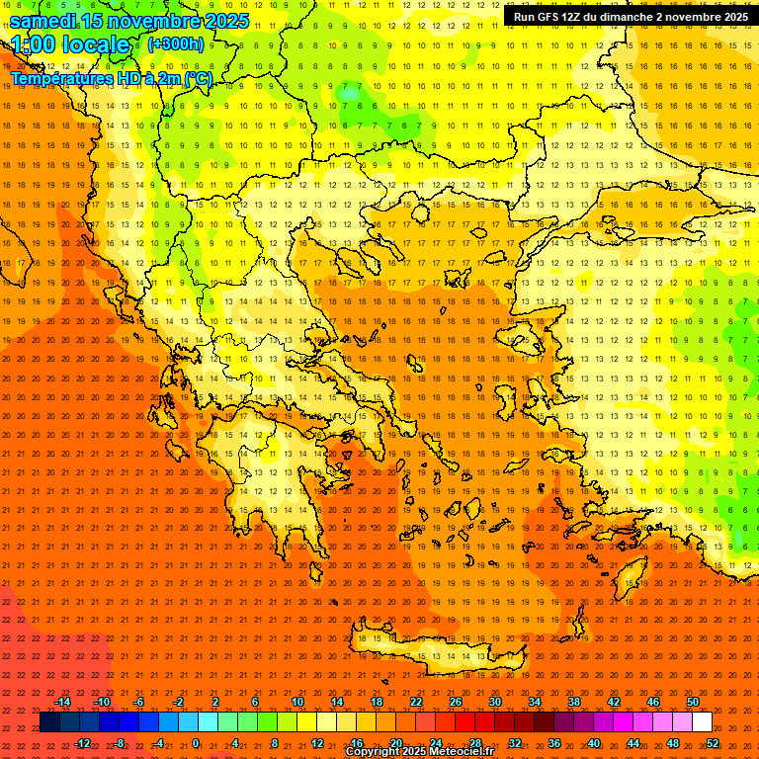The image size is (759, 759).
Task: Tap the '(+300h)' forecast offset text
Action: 176,44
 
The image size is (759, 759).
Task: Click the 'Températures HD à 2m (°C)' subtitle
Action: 111,78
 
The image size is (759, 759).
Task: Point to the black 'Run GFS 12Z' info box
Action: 629,17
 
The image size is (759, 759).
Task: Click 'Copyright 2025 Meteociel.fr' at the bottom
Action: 419,752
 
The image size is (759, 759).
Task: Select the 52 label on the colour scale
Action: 714,743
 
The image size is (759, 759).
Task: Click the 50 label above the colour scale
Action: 693,702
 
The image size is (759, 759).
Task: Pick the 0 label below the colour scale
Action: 196,743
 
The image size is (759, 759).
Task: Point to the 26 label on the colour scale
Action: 456,702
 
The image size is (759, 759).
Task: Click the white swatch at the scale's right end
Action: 703,722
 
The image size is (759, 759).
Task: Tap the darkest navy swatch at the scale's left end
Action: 49,722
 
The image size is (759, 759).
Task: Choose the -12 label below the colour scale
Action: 82,743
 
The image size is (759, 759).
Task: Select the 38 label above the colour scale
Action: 574,702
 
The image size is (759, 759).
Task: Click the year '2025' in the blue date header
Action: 221,21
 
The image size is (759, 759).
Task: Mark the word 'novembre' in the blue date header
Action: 154,21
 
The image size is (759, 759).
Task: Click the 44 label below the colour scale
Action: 633,743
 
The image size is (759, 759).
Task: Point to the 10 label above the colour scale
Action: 297,702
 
